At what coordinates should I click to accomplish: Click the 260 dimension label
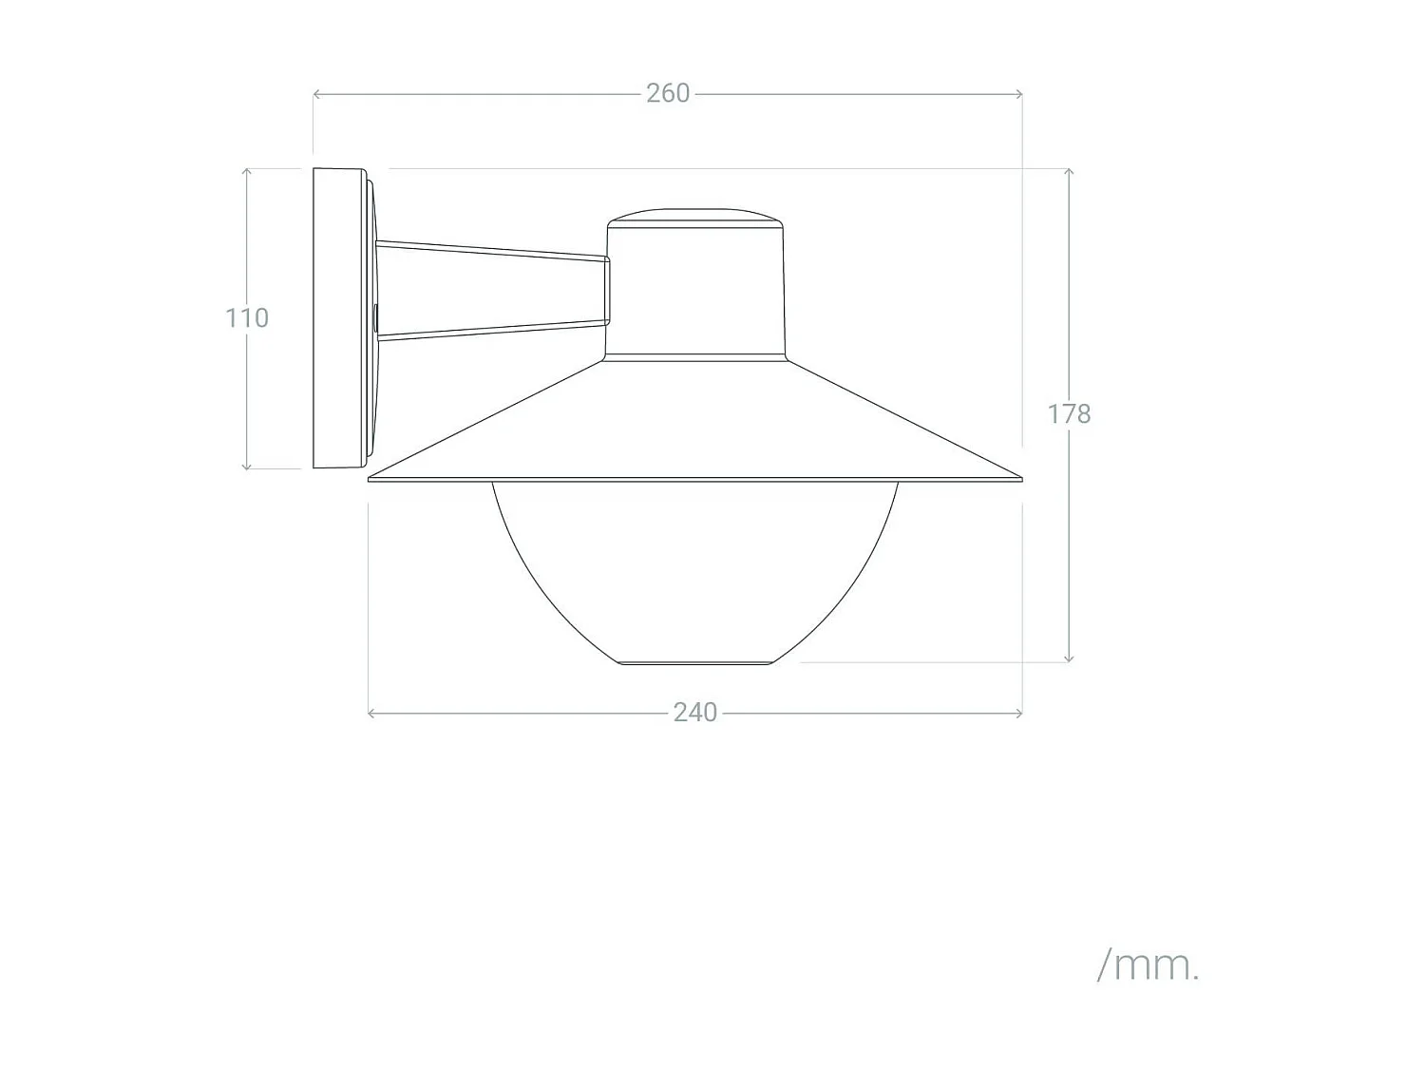point(668,93)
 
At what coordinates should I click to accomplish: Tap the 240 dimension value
point(694,713)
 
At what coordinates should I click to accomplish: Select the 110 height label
point(247,317)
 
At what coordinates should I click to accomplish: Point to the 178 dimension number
point(1069,414)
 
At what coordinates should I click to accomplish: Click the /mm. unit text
point(1148,965)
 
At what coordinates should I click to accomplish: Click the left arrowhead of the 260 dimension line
point(316,94)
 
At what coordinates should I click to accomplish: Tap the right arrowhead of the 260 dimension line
point(1019,94)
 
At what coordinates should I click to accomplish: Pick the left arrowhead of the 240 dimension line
point(370,713)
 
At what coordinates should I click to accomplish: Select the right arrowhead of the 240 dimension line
point(1019,713)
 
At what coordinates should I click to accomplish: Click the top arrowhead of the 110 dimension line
point(246,171)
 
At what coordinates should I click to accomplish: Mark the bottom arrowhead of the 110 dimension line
point(246,467)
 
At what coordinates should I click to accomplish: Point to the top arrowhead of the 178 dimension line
point(1069,171)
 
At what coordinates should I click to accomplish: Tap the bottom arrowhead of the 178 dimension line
point(1069,659)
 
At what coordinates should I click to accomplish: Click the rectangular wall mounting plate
point(338,317)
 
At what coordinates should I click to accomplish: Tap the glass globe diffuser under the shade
point(695,570)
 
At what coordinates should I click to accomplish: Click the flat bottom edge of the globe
point(695,662)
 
